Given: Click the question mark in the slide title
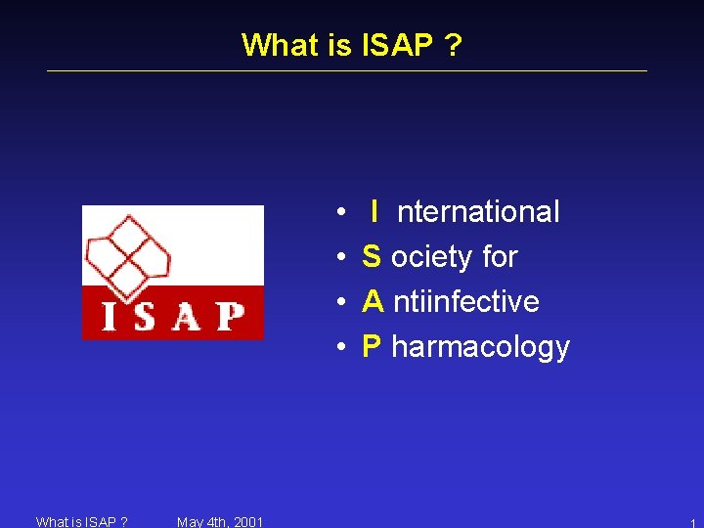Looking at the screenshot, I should point(452,45).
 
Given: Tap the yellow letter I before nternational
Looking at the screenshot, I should point(374,211).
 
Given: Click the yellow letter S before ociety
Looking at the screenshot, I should point(372,256).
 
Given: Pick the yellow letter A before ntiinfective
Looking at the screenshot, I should point(373,301).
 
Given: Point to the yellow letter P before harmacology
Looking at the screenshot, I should point(372,346).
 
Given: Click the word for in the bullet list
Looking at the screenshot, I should point(500,256).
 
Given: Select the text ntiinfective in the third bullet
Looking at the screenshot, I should point(466,301).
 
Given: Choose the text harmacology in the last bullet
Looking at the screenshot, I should point(480,346).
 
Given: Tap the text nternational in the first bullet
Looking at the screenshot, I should point(478,211).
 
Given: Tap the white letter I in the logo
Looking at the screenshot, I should point(111,316).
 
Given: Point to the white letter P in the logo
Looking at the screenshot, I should point(230,316).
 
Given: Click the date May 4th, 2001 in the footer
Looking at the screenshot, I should point(220,521).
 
